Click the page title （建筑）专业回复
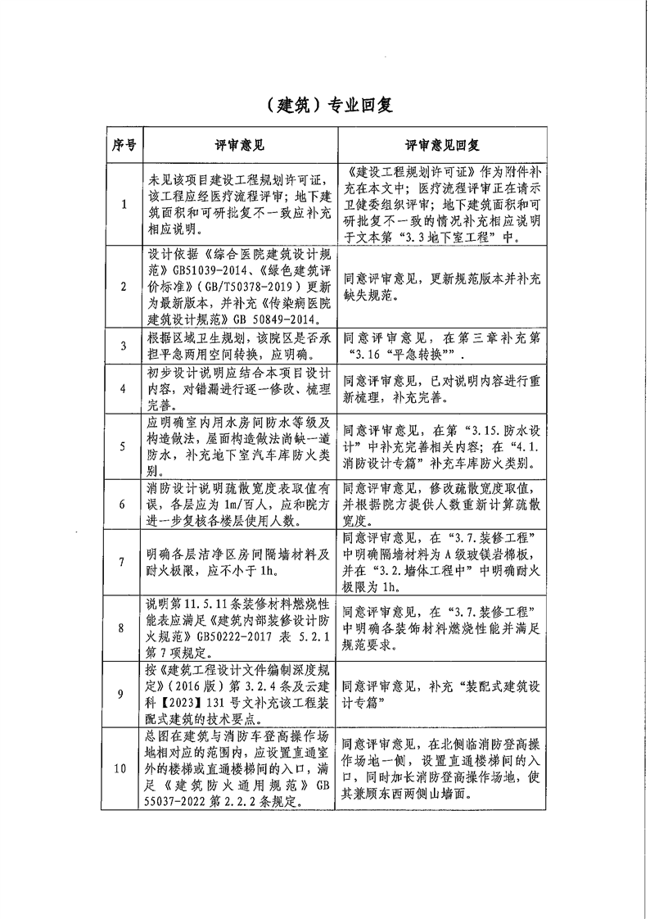[x=325, y=105]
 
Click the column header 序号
[x=123, y=145]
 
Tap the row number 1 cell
[x=123, y=205]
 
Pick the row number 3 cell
[x=123, y=346]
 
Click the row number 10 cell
[x=123, y=769]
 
